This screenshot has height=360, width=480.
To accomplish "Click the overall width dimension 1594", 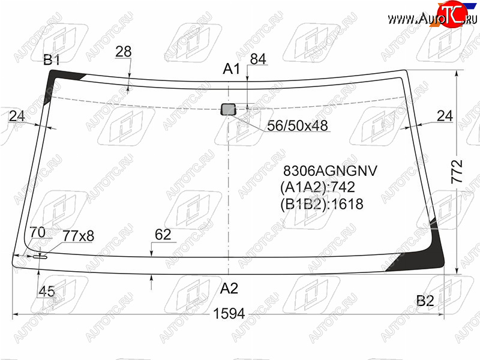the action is pyautogui.click(x=229, y=313).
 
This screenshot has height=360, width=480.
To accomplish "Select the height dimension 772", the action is pyautogui.click(x=457, y=172).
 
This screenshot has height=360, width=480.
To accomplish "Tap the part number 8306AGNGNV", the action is pyautogui.click(x=331, y=171).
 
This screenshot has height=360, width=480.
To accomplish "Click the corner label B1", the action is pyautogui.click(x=52, y=59).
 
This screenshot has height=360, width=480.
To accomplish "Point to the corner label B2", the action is pyautogui.click(x=425, y=301).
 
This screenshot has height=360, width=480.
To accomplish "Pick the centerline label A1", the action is pyautogui.click(x=232, y=69).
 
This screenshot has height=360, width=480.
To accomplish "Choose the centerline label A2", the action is pyautogui.click(x=229, y=288).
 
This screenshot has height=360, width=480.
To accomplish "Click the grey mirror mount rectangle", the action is pyautogui.click(x=228, y=109).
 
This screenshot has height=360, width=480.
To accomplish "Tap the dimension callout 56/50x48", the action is pyautogui.click(x=297, y=125).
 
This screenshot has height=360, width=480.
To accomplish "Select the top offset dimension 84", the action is pyautogui.click(x=258, y=59).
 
